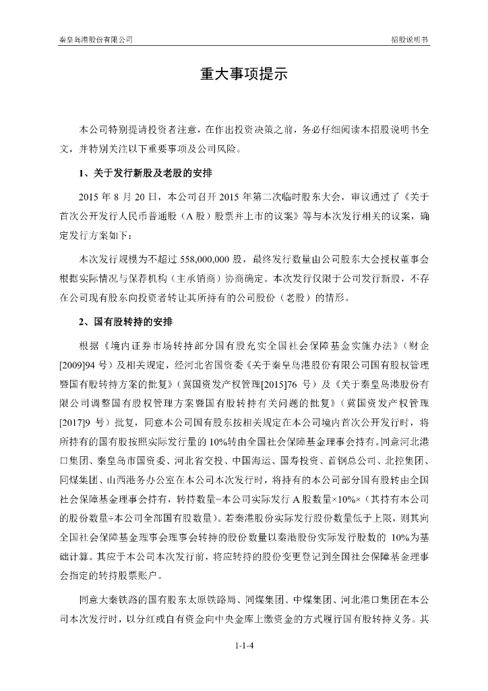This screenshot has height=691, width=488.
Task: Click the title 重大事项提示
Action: [x=243, y=74]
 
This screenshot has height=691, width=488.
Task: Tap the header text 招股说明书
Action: [x=410, y=40]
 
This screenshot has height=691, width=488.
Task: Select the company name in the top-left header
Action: [x=96, y=40]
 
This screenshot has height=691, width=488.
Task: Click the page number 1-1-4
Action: [x=243, y=646]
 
